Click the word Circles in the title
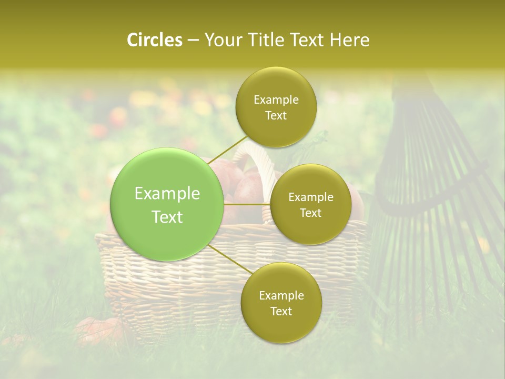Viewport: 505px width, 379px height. [155, 40]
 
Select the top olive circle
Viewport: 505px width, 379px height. [276, 107]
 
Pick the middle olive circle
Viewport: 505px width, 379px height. [310, 204]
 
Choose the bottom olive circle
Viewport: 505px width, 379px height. [281, 303]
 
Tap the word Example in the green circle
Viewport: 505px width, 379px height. [167, 194]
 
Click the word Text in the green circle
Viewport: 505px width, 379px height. [167, 217]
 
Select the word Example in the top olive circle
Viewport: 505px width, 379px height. [276, 100]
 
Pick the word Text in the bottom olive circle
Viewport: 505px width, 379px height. [281, 311]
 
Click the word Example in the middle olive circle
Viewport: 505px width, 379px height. [311, 197]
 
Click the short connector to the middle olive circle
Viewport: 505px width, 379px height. [247, 204]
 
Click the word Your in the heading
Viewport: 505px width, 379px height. [221, 40]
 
